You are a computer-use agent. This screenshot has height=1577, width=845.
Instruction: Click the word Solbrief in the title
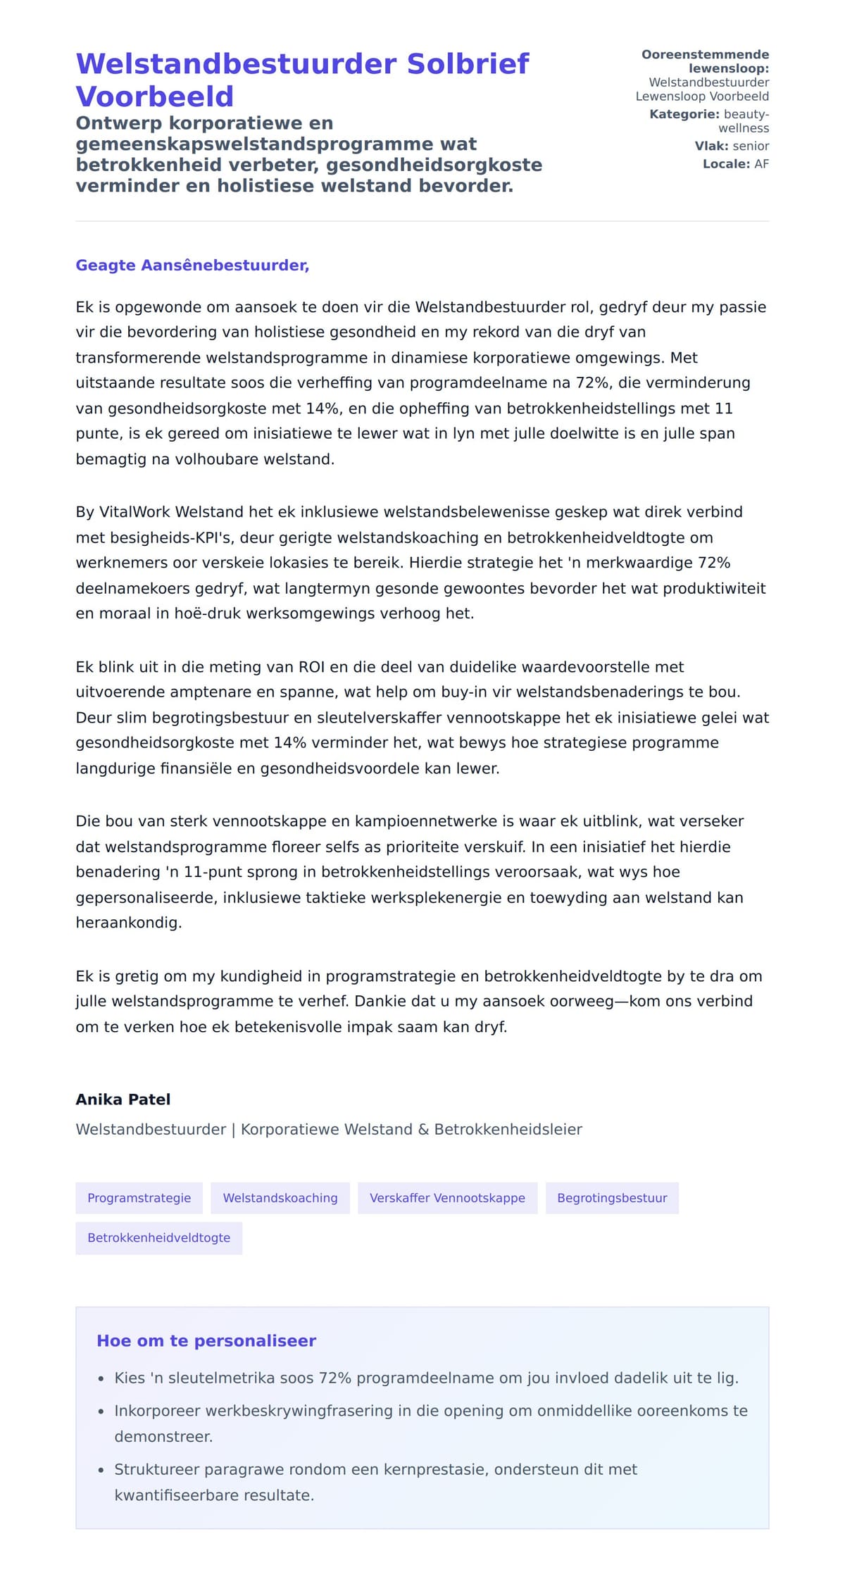468,64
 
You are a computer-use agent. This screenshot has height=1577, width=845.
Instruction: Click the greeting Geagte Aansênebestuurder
192,266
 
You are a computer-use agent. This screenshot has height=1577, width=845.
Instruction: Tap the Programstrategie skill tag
139,1197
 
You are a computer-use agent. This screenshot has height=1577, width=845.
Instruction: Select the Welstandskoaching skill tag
280,1197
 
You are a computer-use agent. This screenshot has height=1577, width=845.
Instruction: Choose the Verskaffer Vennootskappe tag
447,1197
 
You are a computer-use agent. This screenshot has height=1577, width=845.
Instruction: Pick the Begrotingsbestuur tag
612,1197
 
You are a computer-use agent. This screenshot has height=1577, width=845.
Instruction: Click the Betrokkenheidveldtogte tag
158,1238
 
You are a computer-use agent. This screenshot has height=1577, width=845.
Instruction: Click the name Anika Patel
123,1099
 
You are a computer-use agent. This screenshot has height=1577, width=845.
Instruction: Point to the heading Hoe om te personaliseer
206,1340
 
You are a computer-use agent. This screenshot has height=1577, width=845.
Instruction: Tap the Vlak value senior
751,146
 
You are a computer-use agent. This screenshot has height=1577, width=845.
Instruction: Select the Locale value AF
761,164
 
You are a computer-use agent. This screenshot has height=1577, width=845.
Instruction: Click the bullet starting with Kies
426,1378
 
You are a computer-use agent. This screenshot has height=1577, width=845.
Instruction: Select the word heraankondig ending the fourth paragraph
128,923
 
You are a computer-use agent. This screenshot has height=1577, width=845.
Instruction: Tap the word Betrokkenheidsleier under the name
508,1129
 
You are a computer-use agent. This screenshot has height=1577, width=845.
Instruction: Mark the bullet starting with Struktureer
375,1469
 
